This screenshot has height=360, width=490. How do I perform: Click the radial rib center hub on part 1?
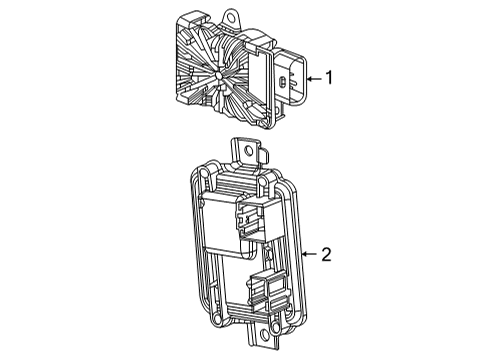click(x=217, y=76)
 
